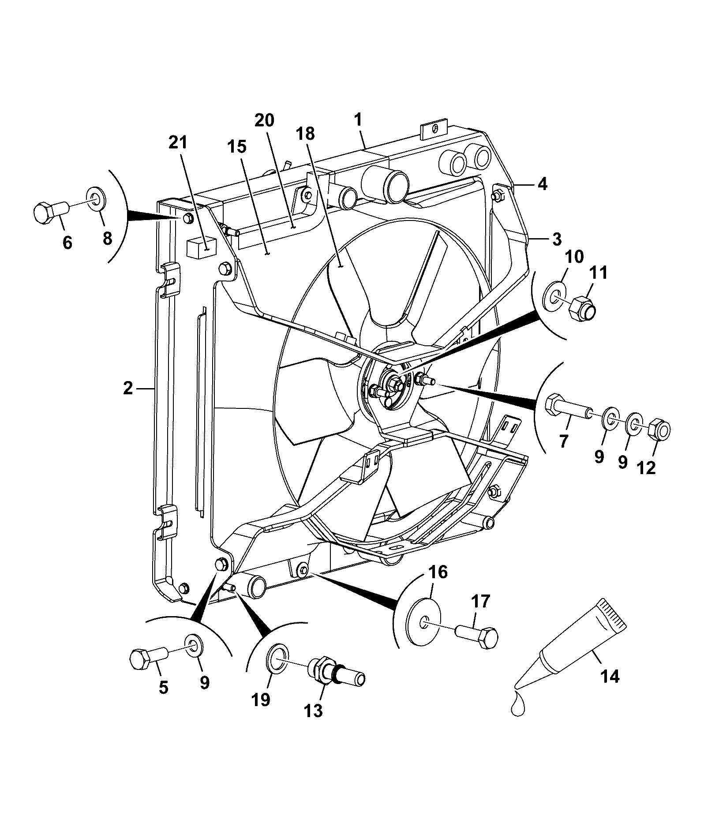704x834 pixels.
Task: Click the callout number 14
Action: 610,676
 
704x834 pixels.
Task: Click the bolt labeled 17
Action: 477,637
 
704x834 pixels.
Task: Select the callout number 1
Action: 358,119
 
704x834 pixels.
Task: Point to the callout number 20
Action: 264,120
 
